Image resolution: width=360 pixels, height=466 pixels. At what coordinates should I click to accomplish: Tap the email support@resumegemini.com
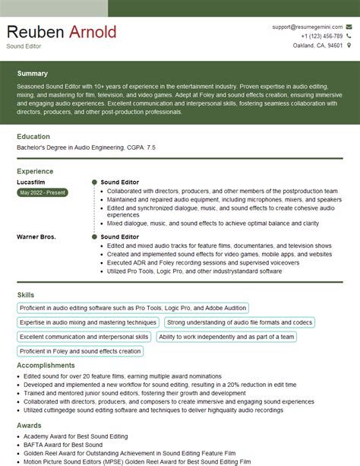[306, 27]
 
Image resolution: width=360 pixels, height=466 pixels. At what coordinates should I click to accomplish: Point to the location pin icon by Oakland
[348, 46]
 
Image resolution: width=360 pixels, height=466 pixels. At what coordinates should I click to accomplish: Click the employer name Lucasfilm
[31, 183]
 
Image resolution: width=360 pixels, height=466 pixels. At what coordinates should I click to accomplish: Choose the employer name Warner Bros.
[36, 237]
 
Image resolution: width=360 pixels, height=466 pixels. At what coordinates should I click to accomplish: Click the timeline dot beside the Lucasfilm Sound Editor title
[93, 183]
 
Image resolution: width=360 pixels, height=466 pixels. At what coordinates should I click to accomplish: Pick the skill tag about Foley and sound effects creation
[80, 350]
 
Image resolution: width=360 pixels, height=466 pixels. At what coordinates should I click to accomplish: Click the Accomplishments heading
[46, 364]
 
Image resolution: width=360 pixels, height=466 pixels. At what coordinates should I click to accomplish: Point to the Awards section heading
[28, 426]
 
